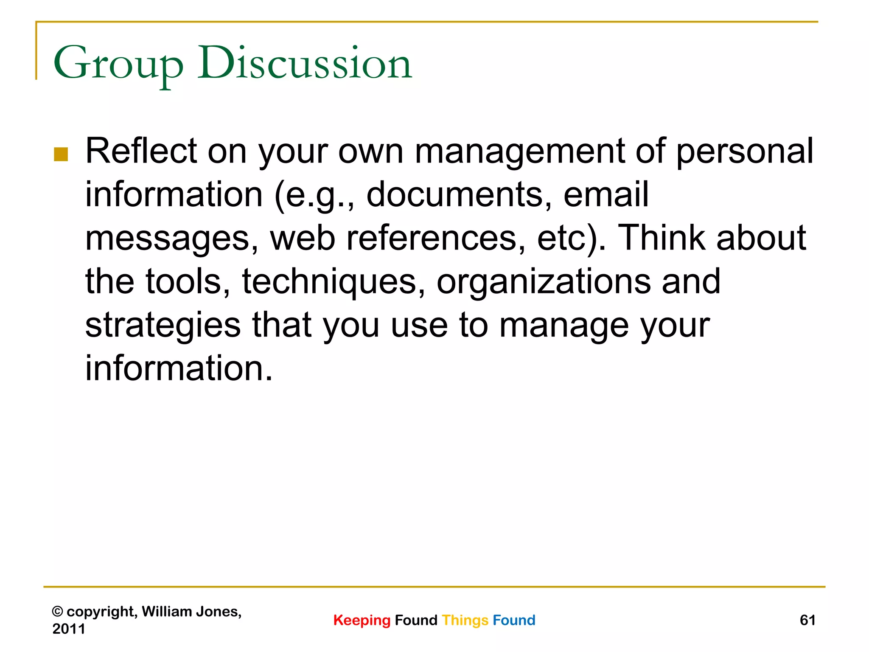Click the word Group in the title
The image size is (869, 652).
tap(118, 64)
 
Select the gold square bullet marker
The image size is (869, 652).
tap(61, 155)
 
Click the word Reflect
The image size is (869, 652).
tap(141, 151)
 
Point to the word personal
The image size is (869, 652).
tap(745, 152)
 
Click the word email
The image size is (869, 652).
tap(606, 195)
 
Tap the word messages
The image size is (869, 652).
tap(172, 239)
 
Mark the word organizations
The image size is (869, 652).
tap(544, 282)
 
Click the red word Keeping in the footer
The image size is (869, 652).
tap(362, 620)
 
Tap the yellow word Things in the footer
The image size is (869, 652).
tap(465, 620)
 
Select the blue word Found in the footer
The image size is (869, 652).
tap(514, 620)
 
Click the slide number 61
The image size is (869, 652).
tap(807, 620)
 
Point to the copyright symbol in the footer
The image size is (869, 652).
tap(57, 612)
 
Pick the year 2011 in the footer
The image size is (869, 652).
tap(69, 629)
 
